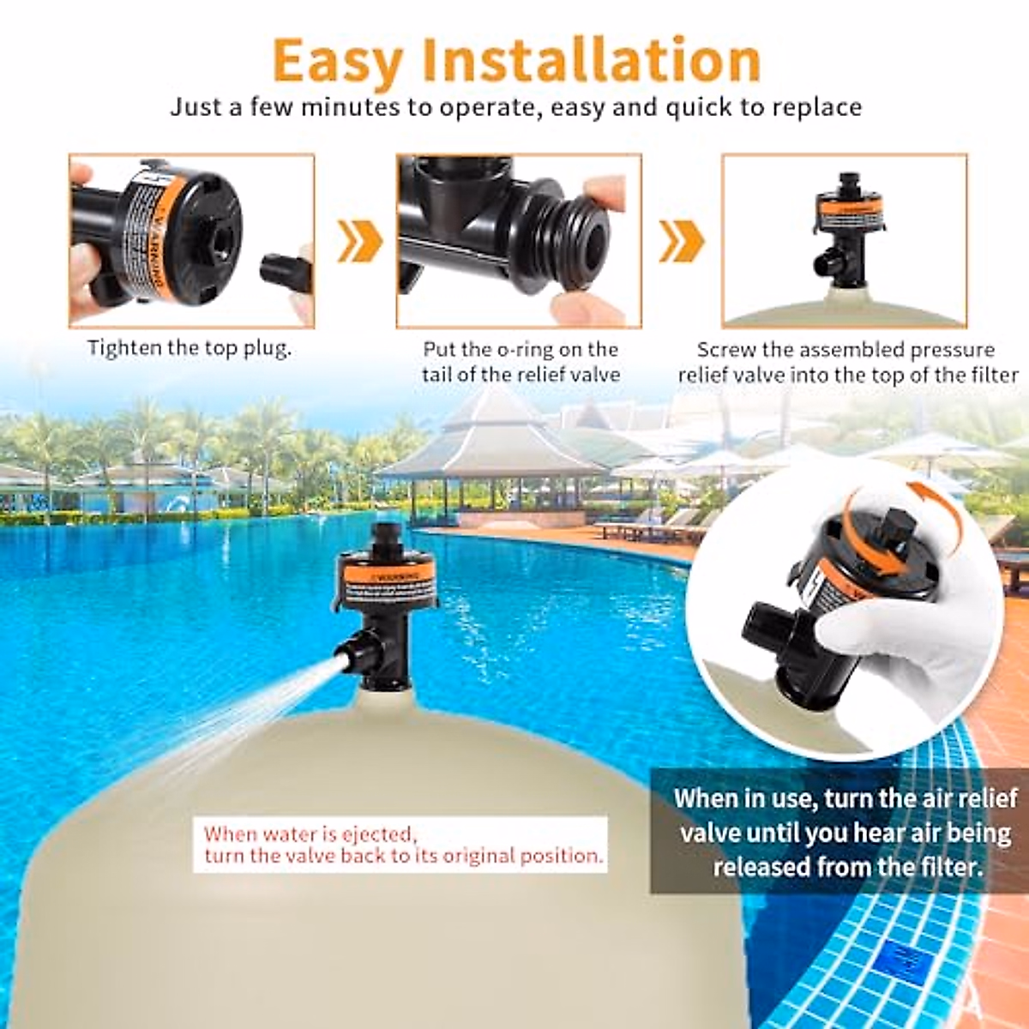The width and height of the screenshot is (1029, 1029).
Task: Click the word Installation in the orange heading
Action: click(x=592, y=60)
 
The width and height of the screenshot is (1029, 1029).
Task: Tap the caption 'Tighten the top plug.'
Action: click(x=189, y=348)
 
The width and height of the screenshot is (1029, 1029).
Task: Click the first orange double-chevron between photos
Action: click(x=359, y=241)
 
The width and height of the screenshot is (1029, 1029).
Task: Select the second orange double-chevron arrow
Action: click(x=681, y=241)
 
